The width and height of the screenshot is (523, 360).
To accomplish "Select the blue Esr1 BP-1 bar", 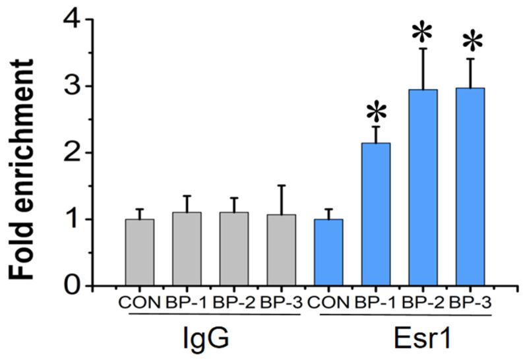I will (376, 214).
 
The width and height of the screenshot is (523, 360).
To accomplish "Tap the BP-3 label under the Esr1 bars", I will (470, 304).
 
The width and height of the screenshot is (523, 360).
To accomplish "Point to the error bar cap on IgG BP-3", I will (282, 186).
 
